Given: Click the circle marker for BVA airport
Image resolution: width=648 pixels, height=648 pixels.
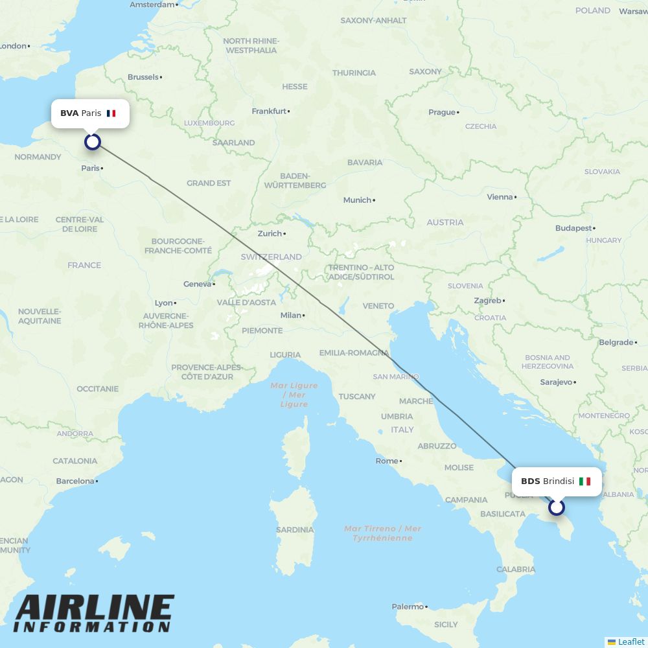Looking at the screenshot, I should coord(93,142).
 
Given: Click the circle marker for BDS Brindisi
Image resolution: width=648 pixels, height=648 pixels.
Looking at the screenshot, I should coord(557,507).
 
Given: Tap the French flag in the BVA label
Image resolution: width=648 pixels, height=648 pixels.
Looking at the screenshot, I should coord(111,113).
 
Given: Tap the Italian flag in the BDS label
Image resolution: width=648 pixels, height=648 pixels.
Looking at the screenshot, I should coord(584,481).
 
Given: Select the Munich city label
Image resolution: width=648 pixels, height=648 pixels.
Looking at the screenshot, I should coord(357,200).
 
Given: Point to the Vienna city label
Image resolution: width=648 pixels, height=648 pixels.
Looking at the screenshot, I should coord(500,197).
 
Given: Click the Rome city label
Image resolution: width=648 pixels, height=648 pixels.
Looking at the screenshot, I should coord(387,461).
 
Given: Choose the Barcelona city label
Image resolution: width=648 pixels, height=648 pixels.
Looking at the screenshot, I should coord(75,481).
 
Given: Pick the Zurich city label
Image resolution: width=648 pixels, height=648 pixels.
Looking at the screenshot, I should coord(270,234).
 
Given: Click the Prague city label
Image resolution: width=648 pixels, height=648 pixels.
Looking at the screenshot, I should coord(442,112).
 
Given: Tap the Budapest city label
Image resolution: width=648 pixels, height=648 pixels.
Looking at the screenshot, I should coord(573,228).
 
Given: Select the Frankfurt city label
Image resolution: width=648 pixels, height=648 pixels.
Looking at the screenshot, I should coord(269,111).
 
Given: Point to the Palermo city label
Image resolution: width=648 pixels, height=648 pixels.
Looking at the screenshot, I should coord(408,607).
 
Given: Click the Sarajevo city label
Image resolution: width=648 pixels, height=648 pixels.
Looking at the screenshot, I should coord(556,382).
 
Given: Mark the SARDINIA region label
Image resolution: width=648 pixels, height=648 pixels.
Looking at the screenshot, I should coord(295,529).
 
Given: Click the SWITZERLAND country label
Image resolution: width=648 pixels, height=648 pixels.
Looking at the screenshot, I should coord(271,257).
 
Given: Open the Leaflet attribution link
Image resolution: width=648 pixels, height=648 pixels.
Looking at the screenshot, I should coord(631,642).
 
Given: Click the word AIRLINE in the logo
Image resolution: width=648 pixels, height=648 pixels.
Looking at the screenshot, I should coord(94,608).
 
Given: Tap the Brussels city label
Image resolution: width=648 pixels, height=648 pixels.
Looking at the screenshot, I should coord(143,77).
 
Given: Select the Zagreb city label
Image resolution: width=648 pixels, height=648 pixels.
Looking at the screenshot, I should coord(487,301).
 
